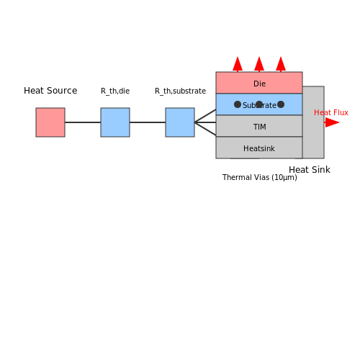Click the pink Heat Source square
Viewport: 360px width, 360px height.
click(x=50, y=122)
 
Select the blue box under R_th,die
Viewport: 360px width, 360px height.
click(x=115, y=122)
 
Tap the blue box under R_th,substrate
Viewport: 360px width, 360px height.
click(x=180, y=122)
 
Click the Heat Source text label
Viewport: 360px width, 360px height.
click(x=50, y=91)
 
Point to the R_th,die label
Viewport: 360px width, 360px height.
click(x=115, y=91)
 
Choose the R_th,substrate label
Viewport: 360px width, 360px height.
click(x=180, y=91)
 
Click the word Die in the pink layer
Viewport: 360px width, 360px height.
click(x=259, y=84)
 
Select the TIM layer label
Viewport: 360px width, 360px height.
click(x=260, y=127)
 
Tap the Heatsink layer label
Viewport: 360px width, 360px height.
click(x=259, y=148)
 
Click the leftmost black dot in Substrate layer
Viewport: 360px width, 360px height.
click(x=238, y=104)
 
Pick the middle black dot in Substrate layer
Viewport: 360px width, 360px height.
click(x=259, y=104)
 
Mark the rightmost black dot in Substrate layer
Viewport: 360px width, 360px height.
click(x=281, y=104)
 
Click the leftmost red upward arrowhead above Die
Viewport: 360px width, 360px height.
click(x=238, y=64)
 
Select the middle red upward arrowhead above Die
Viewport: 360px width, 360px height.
click(x=259, y=64)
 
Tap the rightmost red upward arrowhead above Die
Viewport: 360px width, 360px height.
click(x=281, y=64)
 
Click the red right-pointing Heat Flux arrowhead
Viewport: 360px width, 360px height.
click(x=332, y=122)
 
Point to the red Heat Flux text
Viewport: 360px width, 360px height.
click(x=331, y=112)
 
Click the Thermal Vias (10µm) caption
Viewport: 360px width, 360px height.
click(x=260, y=178)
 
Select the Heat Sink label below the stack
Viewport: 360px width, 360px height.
click(x=310, y=170)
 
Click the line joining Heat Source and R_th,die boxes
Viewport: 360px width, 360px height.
click(x=83, y=122)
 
